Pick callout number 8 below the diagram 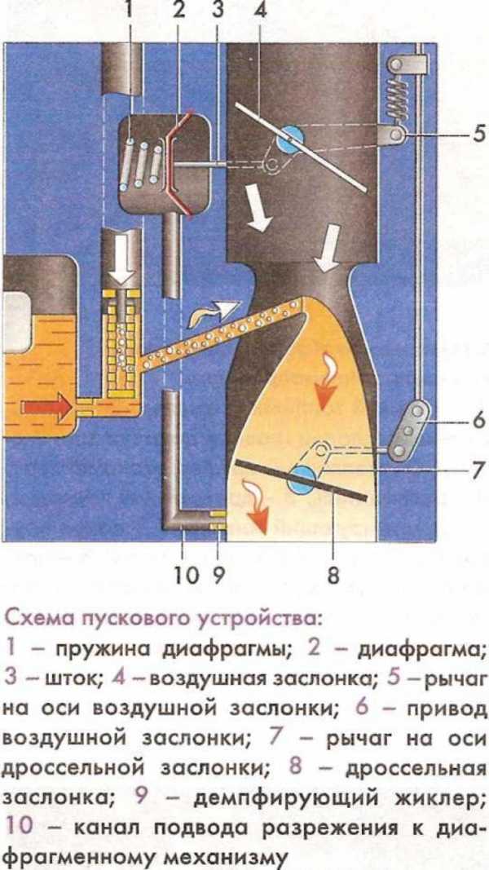(332, 575)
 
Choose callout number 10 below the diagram (183, 575)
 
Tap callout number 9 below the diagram (218, 575)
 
